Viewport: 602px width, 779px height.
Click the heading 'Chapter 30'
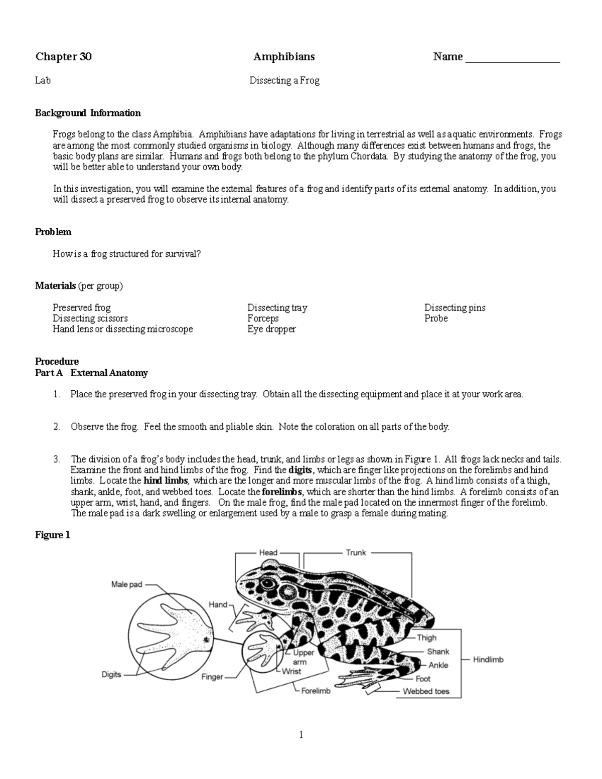coord(63,57)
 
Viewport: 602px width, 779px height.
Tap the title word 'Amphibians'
coord(284,57)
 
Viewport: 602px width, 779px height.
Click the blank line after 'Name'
coord(512,59)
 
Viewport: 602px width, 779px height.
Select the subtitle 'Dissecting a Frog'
coord(284,80)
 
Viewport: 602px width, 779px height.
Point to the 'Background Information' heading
coord(88,113)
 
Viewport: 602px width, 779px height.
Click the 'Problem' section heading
coord(53,232)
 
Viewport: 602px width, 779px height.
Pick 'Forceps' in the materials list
coord(263,319)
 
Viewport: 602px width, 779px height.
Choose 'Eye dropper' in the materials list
coord(271,329)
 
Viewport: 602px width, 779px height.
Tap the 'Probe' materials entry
coord(436,319)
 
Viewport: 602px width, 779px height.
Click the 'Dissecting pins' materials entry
coord(455,307)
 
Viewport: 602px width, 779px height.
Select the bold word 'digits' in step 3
coord(300,470)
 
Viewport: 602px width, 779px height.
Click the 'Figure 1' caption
coord(53,535)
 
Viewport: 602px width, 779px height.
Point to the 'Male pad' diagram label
coord(126,584)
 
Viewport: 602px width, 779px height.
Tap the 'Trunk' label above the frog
coord(356,553)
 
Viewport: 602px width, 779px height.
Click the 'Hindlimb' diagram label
coord(488,660)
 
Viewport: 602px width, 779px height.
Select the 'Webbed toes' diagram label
coord(426,691)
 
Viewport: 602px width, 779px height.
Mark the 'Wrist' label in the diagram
coord(291,671)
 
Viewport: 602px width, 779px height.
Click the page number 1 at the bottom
coord(301,735)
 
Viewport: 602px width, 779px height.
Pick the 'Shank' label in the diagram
coord(438,652)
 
